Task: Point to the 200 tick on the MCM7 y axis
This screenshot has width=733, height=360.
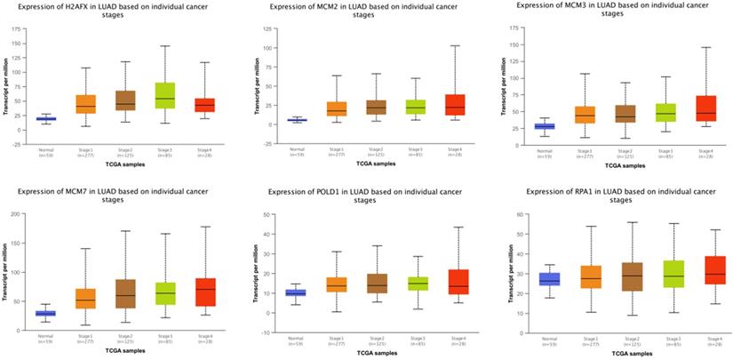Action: click(18, 214)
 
